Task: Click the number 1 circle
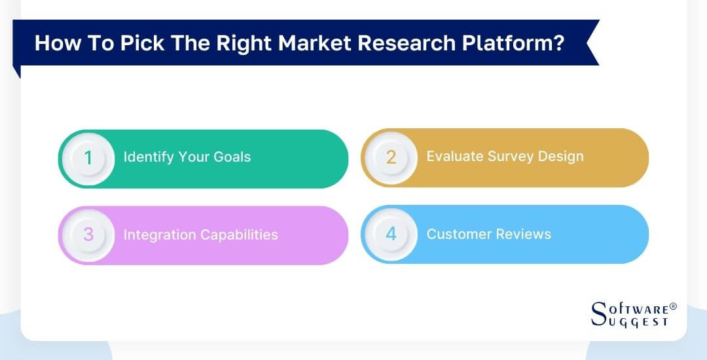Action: point(88,158)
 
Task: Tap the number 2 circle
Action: point(391,157)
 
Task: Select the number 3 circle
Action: point(88,235)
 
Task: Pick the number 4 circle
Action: point(391,234)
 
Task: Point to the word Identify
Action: point(147,157)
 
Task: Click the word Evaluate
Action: point(454,156)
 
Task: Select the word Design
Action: point(560,156)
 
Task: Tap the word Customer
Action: point(458,234)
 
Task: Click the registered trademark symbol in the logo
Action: point(673,306)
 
